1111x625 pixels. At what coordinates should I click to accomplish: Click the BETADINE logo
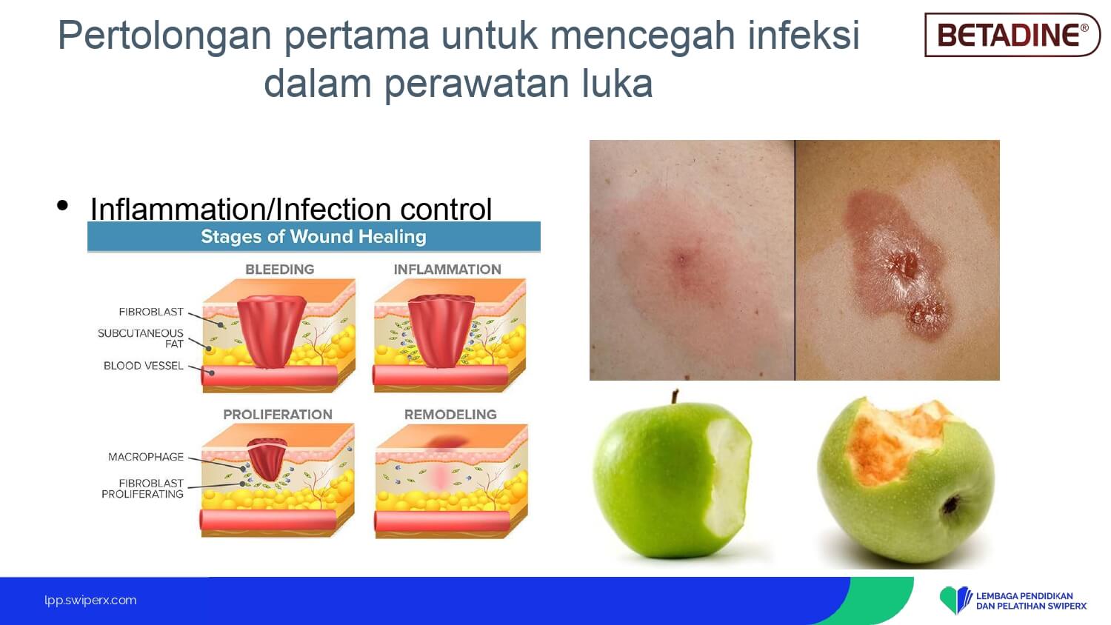(1012, 35)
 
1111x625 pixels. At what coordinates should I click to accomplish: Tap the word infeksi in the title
(804, 35)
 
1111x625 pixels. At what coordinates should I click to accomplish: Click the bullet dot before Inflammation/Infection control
(62, 205)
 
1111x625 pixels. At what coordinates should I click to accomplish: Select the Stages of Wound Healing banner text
(313, 237)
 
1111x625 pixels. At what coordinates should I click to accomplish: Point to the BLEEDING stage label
(280, 270)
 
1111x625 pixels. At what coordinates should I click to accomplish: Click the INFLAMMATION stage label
(447, 270)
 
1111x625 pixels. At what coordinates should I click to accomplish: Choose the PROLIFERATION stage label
(278, 415)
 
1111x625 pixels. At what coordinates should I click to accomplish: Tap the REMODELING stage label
(450, 415)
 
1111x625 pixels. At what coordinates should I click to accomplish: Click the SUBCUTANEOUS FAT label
(141, 338)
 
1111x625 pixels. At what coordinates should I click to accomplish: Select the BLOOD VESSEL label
(144, 366)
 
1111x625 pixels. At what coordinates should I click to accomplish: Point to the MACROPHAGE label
(146, 457)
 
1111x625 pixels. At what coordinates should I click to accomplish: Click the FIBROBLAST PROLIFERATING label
(142, 489)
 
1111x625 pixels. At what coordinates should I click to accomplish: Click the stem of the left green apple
(675, 397)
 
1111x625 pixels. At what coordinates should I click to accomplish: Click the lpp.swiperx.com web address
(90, 601)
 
